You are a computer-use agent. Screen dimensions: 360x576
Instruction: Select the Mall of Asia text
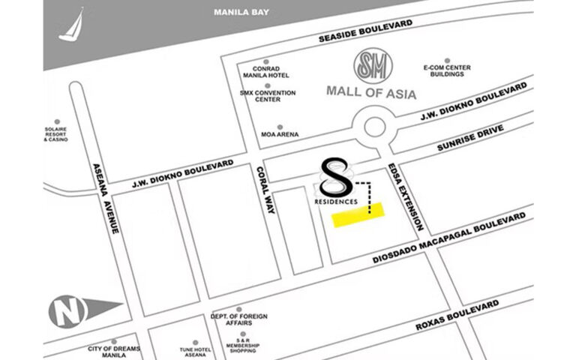tap(371, 92)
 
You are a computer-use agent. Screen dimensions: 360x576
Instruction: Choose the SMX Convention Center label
tap(267, 96)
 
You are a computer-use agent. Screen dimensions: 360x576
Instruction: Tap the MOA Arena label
tap(280, 134)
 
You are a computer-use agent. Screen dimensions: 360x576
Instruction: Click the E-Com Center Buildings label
tap(447, 71)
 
